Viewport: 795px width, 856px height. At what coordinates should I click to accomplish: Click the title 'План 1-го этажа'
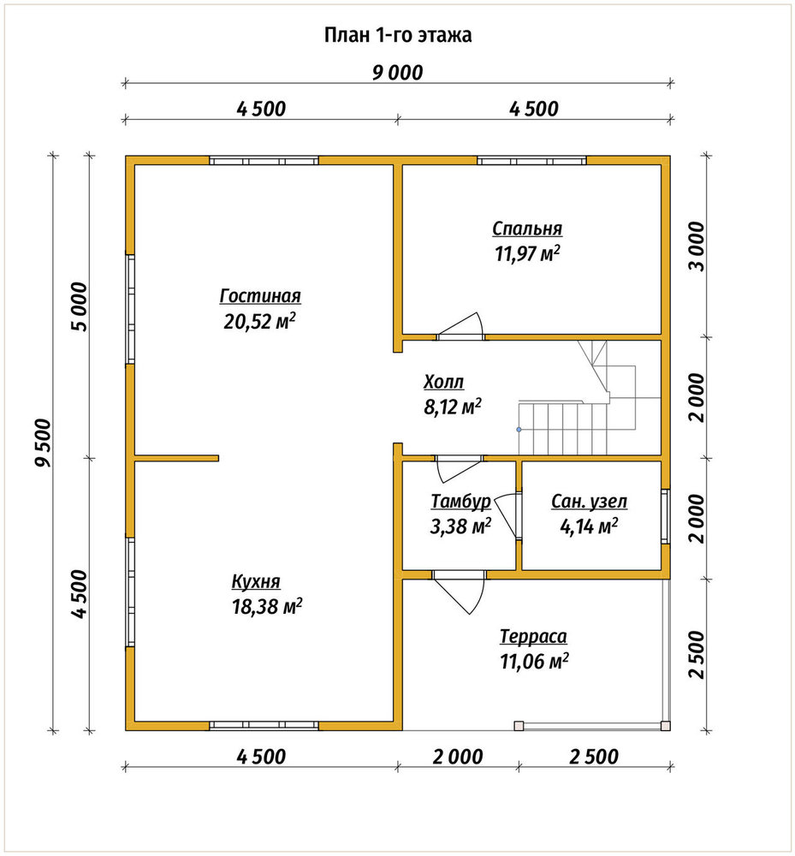pos(398,35)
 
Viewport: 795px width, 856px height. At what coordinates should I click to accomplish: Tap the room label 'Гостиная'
pos(260,296)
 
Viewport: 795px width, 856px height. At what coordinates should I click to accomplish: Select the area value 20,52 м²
pos(260,321)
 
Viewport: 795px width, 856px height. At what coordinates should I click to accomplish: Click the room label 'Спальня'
pos(527,229)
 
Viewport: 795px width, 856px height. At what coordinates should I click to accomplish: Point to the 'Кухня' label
pos(256,581)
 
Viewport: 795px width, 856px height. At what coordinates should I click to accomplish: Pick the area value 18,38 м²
pos(267,607)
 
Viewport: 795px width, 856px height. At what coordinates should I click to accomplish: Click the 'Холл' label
pos(443,382)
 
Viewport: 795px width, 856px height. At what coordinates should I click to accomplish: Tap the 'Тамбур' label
pos(460,501)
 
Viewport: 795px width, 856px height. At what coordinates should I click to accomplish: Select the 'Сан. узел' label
pos(590,501)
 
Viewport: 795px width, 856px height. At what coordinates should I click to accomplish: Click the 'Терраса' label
pos(533,637)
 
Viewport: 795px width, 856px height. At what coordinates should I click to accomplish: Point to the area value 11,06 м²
pos(535,662)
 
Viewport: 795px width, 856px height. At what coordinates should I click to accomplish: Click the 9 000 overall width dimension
pos(398,73)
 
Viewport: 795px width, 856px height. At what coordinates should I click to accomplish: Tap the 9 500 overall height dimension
pos(43,443)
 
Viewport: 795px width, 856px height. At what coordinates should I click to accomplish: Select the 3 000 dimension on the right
pos(697,247)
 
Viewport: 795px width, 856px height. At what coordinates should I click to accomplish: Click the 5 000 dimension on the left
pos(79,306)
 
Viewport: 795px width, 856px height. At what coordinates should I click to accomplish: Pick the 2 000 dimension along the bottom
pos(459,758)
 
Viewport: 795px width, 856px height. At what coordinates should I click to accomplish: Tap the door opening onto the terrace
pos(459,592)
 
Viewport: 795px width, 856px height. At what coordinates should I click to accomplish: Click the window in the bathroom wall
pos(666,516)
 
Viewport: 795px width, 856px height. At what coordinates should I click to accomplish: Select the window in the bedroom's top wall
pos(532,161)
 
